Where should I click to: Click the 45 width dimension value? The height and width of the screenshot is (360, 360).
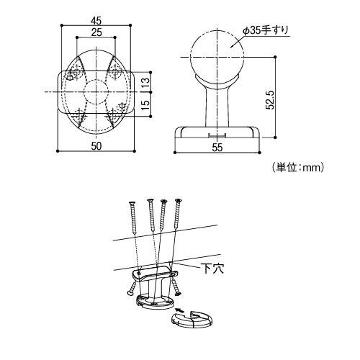(x=96, y=21)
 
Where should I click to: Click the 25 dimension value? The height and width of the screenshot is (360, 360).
(x=96, y=32)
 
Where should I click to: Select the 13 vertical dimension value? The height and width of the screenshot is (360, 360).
(x=145, y=82)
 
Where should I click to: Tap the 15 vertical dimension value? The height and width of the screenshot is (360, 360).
(x=145, y=105)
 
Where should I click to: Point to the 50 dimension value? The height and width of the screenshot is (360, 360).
(x=96, y=145)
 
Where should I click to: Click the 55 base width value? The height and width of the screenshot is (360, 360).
(x=217, y=147)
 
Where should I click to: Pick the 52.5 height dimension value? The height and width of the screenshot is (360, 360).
(x=271, y=100)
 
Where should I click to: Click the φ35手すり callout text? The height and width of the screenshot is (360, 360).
(x=265, y=30)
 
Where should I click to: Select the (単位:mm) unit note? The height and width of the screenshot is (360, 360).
(x=298, y=167)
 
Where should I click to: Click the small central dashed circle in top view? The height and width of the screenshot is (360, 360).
(x=96, y=79)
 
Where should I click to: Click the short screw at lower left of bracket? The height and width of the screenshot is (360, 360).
(x=131, y=289)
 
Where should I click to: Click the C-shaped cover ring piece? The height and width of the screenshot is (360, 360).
(x=192, y=323)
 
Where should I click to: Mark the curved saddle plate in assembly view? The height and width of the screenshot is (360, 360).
(x=153, y=275)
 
